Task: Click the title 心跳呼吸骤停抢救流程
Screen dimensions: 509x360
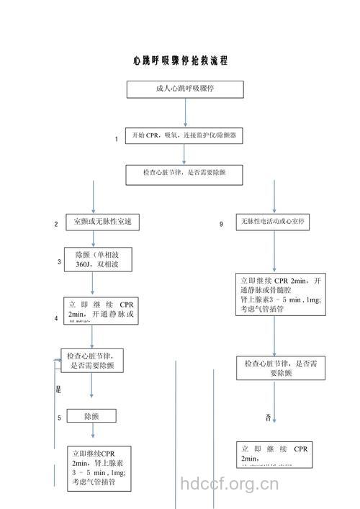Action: tap(180, 60)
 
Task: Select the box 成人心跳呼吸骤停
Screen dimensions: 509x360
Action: tap(186, 89)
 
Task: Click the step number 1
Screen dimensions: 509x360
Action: tap(116, 140)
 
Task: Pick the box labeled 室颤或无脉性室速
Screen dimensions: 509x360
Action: tap(103, 222)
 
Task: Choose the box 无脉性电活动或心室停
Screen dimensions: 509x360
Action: tap(274, 222)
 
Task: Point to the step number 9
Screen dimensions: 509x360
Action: tap(222, 225)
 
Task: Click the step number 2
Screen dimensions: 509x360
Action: tap(56, 225)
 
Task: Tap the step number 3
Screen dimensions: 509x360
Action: tap(59, 262)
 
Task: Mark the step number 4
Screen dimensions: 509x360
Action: tap(56, 318)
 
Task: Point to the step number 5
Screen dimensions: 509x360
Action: tap(59, 418)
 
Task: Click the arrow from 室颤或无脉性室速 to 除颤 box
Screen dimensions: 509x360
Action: tap(92, 240)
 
